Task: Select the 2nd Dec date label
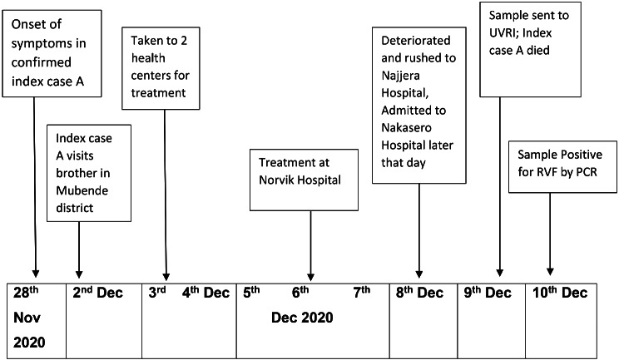pos(97,293)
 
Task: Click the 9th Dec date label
pos(488,293)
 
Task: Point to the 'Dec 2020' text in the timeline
pos(302,317)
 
